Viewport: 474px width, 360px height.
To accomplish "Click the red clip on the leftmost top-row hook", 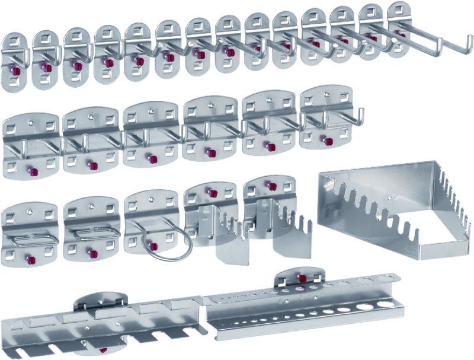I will point(15,71).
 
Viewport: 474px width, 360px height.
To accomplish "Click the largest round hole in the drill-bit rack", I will point(386,304).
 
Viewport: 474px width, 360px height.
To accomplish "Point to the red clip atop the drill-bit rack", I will point(302,278).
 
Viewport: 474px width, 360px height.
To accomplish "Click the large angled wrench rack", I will point(391,214).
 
